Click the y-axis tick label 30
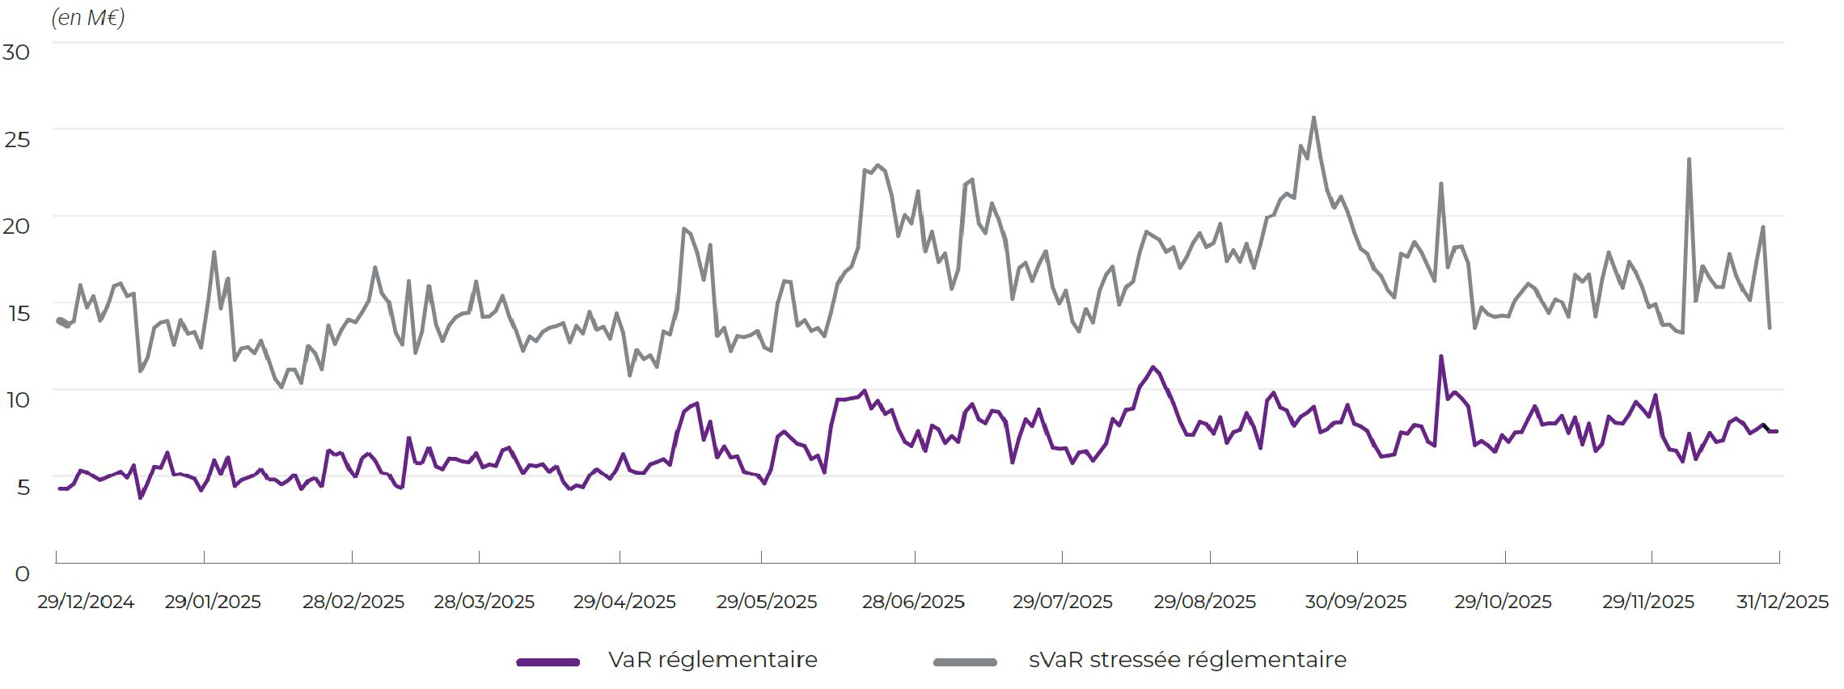(x=16, y=53)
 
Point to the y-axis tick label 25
(x=16, y=139)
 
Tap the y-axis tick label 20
(x=16, y=226)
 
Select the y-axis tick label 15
(x=16, y=313)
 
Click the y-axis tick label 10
(x=16, y=399)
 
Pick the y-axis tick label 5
(x=22, y=487)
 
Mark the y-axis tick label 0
(x=22, y=574)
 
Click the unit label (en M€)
(x=87, y=18)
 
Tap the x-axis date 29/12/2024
(x=86, y=602)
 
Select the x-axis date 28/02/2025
(x=353, y=602)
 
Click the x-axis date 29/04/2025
(x=624, y=602)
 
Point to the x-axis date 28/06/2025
(x=913, y=602)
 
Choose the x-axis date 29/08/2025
(x=1204, y=602)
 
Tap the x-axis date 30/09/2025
(x=1356, y=602)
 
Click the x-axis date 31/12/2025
(x=1783, y=602)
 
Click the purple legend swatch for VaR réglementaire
(x=548, y=662)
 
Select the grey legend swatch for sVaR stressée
(x=965, y=662)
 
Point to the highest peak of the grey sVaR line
(x=1313, y=118)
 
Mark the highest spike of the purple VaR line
(x=1440, y=357)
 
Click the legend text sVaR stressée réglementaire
(x=1187, y=660)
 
